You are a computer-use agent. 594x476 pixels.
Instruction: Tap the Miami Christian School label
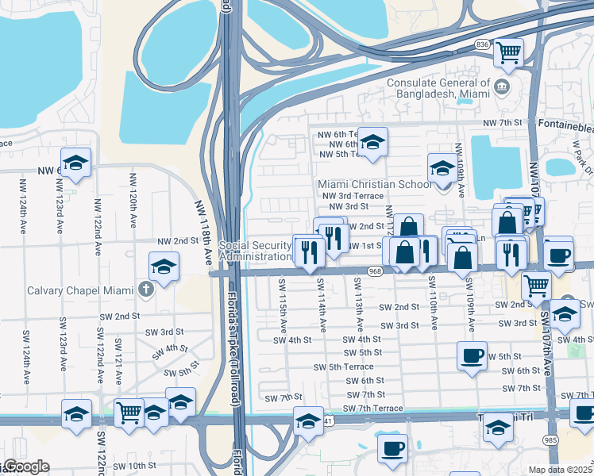375,184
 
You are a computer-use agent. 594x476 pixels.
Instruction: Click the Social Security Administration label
255,251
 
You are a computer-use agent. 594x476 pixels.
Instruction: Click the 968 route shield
376,271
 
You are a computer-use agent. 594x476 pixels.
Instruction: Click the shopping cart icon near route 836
508,53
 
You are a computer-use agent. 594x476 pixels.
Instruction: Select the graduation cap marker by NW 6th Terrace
372,143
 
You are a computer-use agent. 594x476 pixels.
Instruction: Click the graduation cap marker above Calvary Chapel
164,267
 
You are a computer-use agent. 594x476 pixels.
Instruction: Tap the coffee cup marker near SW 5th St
472,355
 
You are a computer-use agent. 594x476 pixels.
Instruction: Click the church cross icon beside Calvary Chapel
145,288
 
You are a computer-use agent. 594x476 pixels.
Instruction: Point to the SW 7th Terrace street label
372,408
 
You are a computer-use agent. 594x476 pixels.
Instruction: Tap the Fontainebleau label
565,124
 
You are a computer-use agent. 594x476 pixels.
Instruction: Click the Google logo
25,466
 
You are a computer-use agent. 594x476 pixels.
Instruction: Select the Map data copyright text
561,470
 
